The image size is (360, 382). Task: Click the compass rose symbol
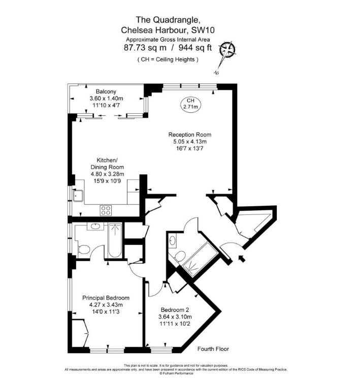click(x=227, y=50)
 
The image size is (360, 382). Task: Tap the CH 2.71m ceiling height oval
click(x=190, y=104)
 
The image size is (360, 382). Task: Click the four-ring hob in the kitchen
click(x=107, y=209)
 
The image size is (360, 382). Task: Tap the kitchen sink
click(x=79, y=195)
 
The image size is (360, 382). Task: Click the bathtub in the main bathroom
click(x=115, y=241)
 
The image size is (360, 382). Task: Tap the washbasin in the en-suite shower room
click(x=173, y=240)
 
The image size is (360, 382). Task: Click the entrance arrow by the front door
click(x=242, y=260)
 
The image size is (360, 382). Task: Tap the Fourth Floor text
click(x=213, y=349)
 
